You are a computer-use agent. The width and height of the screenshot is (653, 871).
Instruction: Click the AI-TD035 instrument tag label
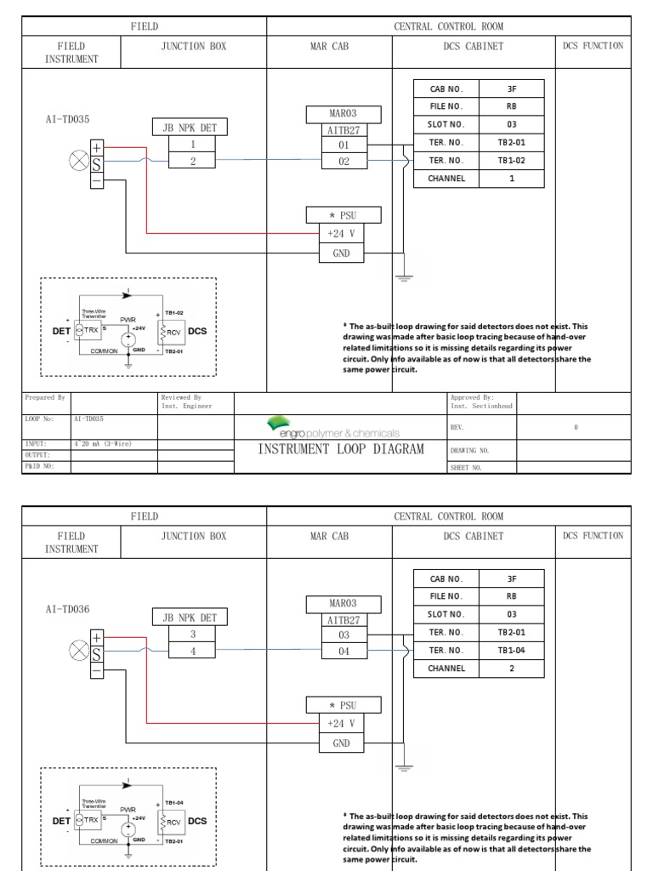68,120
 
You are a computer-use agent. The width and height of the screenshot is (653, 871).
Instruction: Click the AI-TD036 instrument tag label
68,610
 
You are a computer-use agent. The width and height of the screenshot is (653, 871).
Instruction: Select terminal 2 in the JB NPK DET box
193,160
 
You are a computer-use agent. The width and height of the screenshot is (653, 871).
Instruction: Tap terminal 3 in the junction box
193,635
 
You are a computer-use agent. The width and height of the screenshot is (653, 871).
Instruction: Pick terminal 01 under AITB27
344,145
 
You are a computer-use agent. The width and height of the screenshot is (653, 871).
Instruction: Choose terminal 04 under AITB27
344,651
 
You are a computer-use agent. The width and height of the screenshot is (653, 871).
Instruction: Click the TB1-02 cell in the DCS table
513,160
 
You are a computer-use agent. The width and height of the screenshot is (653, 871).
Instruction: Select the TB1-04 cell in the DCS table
513,650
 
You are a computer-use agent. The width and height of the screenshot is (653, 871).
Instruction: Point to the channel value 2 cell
513,669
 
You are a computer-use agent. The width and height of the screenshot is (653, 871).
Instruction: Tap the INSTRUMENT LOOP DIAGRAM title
340,449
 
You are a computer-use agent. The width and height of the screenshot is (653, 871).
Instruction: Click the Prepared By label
45,397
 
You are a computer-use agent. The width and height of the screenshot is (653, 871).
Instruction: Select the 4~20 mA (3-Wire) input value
102,444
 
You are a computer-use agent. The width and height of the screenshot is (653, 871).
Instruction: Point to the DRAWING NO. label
468,451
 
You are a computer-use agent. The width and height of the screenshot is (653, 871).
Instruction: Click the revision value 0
576,428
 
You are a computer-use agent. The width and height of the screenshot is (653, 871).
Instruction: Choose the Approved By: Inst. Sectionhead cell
481,401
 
